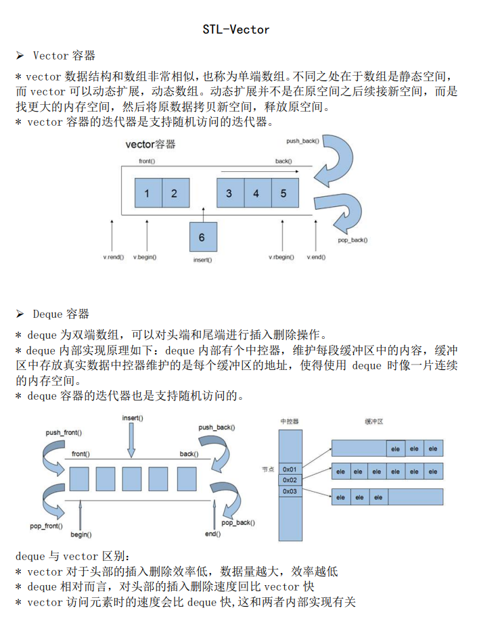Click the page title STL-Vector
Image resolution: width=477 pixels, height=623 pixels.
[236, 30]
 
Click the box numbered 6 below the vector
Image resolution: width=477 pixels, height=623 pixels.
[202, 237]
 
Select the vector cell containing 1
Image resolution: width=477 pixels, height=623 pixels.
[147, 193]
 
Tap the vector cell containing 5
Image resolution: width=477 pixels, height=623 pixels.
[283, 193]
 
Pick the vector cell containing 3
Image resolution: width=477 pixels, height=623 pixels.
[229, 193]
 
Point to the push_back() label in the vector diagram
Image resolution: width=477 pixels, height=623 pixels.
[302, 141]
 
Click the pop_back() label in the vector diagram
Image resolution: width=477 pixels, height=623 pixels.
[353, 240]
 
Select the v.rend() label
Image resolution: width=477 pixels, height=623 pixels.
[113, 258]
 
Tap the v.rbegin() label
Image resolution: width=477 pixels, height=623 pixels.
[281, 258]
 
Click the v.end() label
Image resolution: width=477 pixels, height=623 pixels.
[315, 258]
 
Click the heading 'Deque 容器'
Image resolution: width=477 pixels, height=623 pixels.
[61, 314]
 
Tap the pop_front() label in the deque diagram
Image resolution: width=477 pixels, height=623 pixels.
[47, 526]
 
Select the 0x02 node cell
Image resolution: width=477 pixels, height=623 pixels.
[290, 480]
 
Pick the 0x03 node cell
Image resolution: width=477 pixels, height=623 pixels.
[290, 491]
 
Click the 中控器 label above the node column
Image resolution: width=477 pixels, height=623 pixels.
[290, 421]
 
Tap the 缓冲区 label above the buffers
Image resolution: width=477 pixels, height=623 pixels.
[373, 421]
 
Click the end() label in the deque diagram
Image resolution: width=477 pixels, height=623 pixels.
[212, 534]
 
